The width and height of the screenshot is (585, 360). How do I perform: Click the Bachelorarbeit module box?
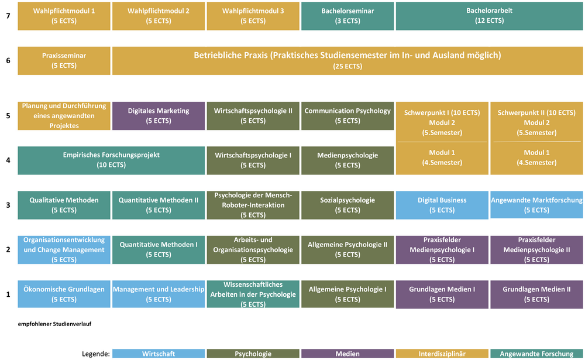[489, 16]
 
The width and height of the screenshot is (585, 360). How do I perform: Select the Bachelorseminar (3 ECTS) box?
[347, 16]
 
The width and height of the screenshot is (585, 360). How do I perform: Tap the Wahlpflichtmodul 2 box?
[158, 16]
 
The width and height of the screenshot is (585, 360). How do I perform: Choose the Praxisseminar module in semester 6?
[64, 61]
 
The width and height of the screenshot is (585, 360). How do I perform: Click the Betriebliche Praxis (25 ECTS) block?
[347, 61]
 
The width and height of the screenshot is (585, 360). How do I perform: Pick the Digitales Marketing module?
[158, 116]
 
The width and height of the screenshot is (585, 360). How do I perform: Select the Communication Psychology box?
[347, 116]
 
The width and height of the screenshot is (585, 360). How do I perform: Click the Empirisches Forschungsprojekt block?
[111, 160]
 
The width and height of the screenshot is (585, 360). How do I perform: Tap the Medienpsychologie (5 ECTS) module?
[347, 160]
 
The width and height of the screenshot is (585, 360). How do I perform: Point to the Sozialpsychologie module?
[347, 205]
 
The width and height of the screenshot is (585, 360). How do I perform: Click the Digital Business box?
[442, 205]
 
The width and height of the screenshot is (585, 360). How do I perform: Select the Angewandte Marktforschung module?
[536, 205]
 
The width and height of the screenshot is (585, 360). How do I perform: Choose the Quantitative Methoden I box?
[158, 249]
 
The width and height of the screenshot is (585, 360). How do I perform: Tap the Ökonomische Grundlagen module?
[64, 294]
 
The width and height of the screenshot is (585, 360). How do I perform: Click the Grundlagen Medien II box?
[536, 294]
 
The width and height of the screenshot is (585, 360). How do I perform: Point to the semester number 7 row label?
[8, 16]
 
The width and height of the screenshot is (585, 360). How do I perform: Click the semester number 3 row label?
[8, 205]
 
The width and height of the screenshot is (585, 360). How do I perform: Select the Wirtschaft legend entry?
[158, 354]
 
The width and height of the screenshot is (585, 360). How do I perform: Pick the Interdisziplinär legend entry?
[442, 354]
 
